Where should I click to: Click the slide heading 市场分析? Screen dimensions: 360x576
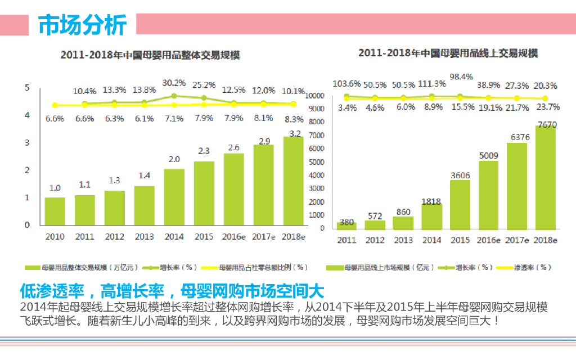pyautogui.click(x=82, y=24)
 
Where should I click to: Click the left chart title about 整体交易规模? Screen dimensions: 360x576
pyautogui.click(x=150, y=55)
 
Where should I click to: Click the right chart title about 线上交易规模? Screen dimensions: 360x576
pyautogui.click(x=447, y=53)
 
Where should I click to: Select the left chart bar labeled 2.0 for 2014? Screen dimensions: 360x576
pyautogui.click(x=174, y=197)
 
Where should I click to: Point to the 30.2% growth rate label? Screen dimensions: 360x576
pyautogui.click(x=174, y=83)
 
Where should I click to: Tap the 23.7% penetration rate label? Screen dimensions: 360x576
pyautogui.click(x=545, y=107)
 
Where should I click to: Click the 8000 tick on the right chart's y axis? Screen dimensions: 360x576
pyautogui.click(x=315, y=121)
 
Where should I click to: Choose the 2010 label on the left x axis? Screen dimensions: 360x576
pyautogui.click(x=55, y=237)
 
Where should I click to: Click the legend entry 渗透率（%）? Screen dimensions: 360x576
pyautogui.click(x=532, y=267)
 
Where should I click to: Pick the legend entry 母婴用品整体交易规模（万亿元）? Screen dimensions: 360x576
pyautogui.click(x=85, y=267)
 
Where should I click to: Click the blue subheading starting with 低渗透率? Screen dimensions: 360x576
pyautogui.click(x=172, y=291)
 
